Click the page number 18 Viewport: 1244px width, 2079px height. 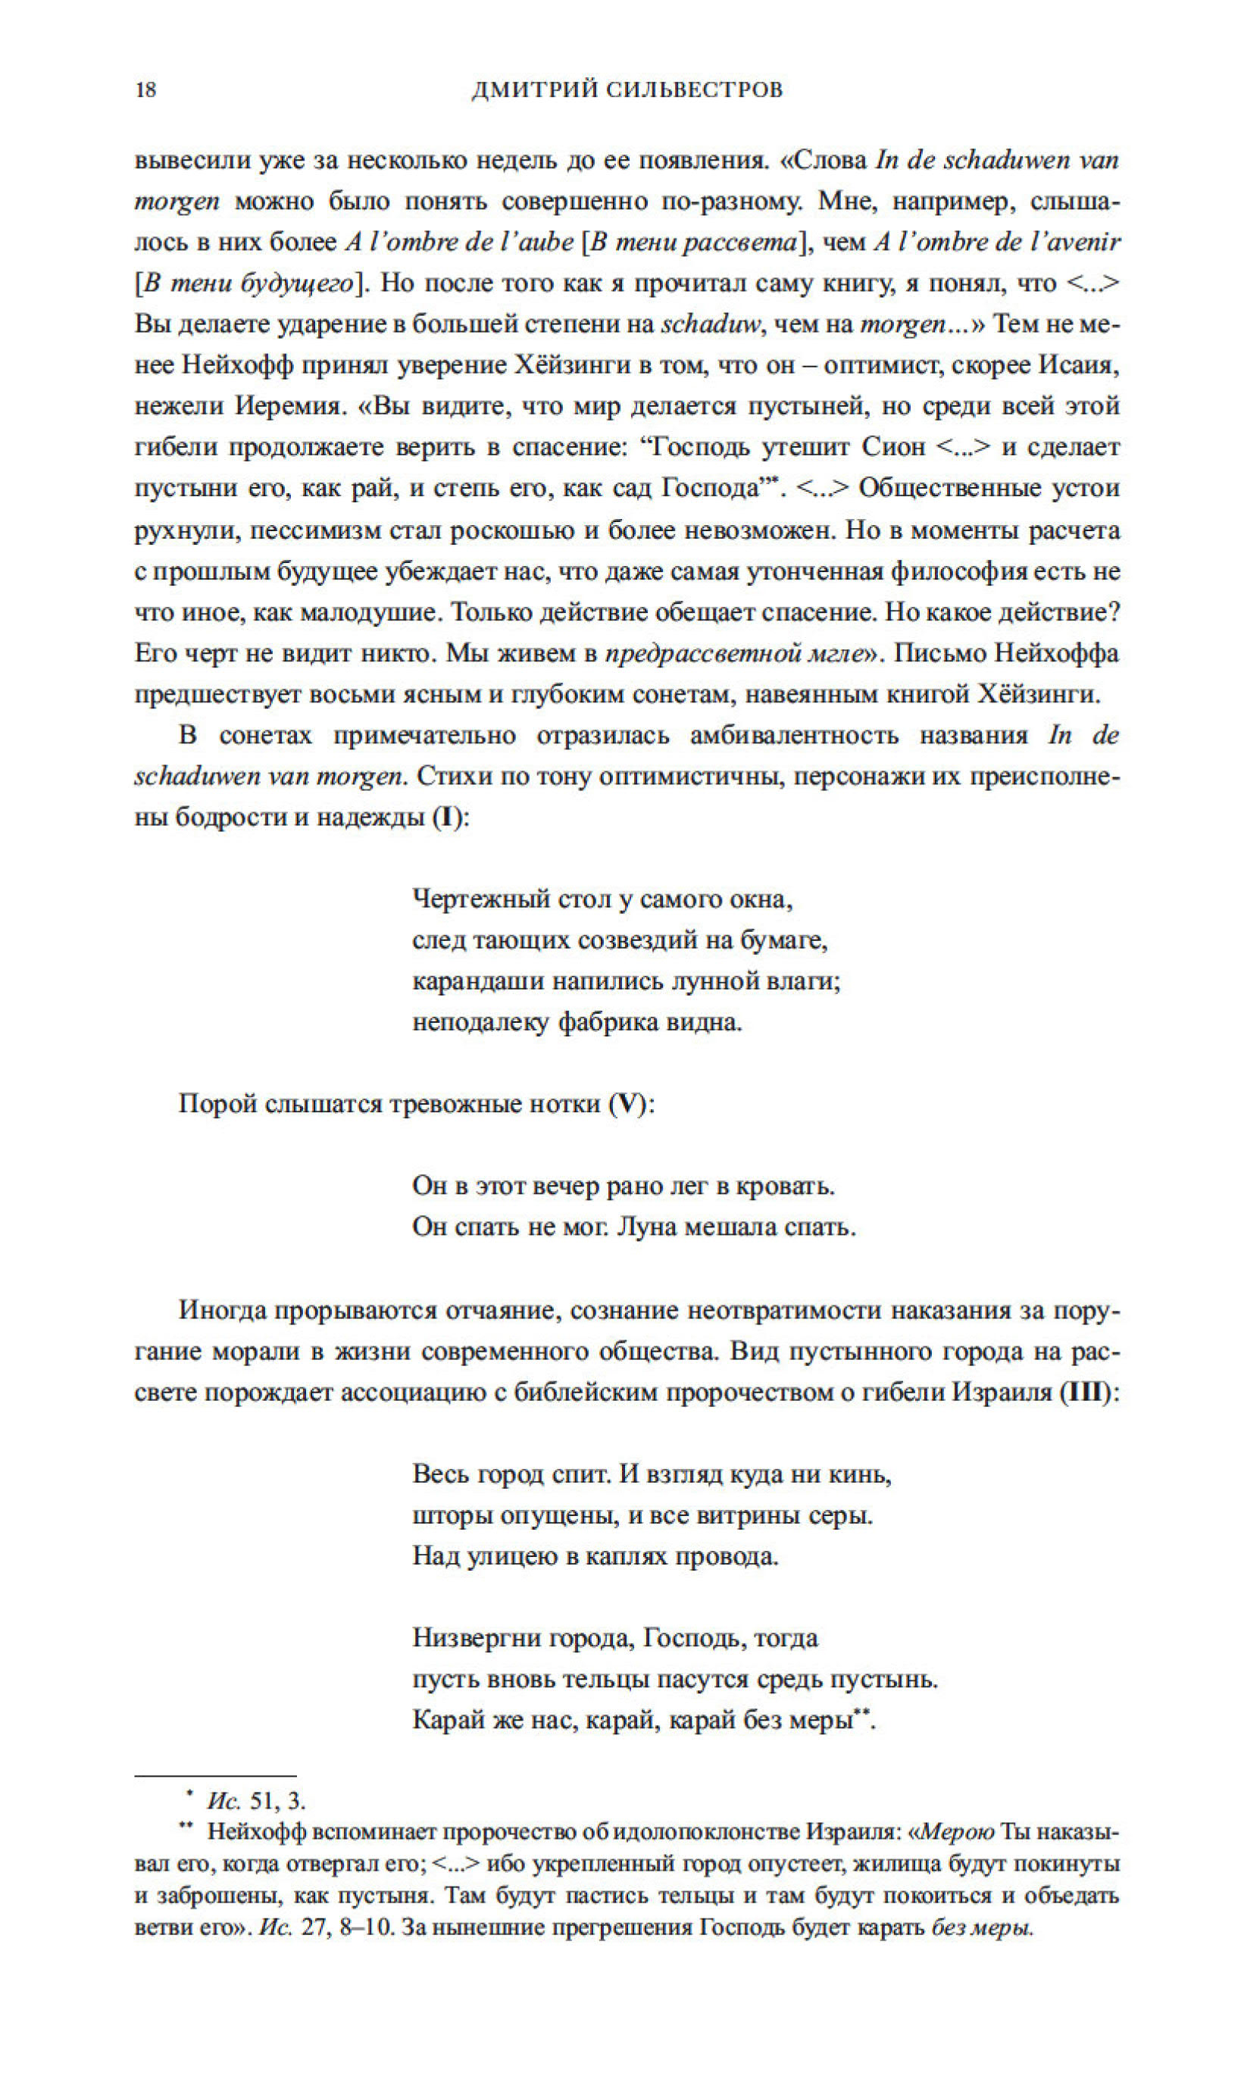(x=145, y=89)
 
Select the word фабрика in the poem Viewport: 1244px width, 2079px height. (x=608, y=1023)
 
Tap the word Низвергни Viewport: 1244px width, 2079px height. (x=472, y=1638)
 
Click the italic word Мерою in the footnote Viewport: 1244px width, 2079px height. (x=958, y=1832)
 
